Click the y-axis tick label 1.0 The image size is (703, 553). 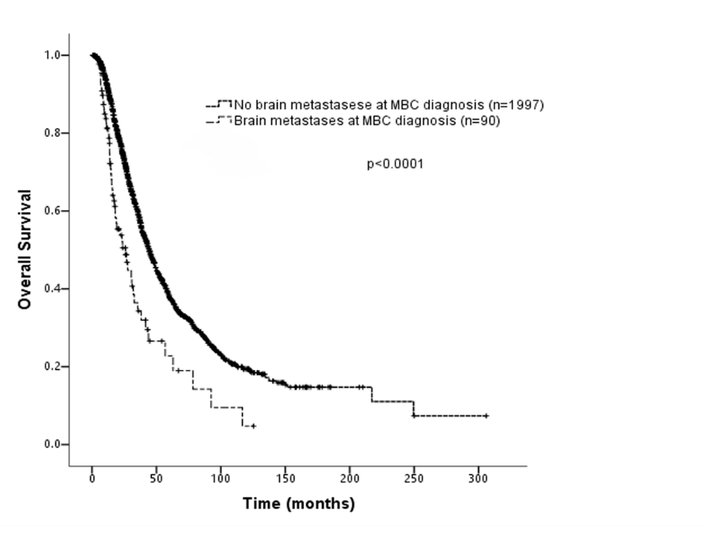click(52, 55)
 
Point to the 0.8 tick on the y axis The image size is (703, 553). click(52, 133)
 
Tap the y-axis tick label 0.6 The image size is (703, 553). click(52, 211)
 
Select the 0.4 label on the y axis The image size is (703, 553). click(52, 288)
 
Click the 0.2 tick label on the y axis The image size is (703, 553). click(52, 366)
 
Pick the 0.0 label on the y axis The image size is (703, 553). click(52, 444)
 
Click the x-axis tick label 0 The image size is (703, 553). click(92, 478)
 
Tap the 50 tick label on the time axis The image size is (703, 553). click(157, 478)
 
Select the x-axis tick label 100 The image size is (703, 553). click(221, 478)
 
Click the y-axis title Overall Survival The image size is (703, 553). click(25, 249)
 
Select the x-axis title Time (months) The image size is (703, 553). click(298, 504)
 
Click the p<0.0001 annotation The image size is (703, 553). click(395, 165)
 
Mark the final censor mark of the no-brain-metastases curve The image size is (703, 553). click(486, 416)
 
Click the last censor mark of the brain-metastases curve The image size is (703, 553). click(253, 426)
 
